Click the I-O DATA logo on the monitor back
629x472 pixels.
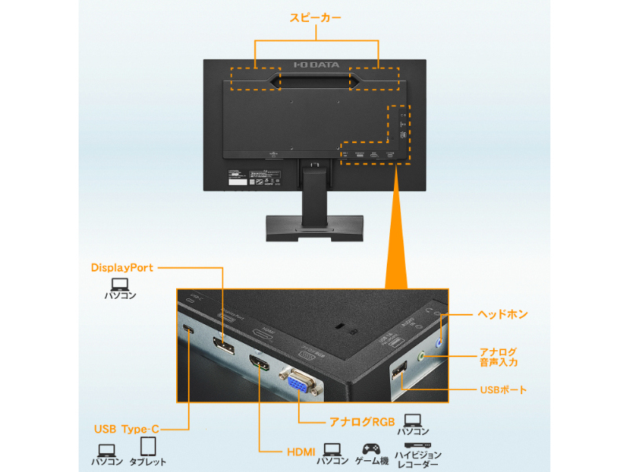click(x=314, y=65)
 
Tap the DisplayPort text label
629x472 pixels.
click(x=122, y=267)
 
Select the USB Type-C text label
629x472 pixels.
click(x=127, y=429)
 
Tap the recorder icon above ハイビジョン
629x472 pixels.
click(x=417, y=445)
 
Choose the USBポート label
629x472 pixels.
click(x=503, y=389)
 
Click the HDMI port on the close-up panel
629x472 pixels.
click(x=259, y=364)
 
